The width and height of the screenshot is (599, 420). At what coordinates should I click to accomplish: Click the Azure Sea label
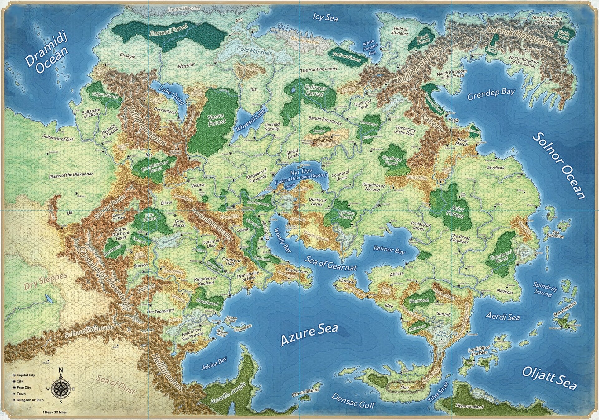tap(309, 335)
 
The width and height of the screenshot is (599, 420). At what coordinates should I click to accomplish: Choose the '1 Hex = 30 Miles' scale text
tap(55, 412)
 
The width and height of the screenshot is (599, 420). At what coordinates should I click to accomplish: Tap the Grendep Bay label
tap(490, 94)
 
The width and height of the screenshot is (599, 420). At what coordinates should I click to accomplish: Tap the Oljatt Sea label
tap(548, 378)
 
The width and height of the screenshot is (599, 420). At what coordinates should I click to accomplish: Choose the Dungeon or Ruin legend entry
tap(30, 400)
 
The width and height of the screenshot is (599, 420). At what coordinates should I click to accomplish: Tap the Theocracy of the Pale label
tap(405, 130)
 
